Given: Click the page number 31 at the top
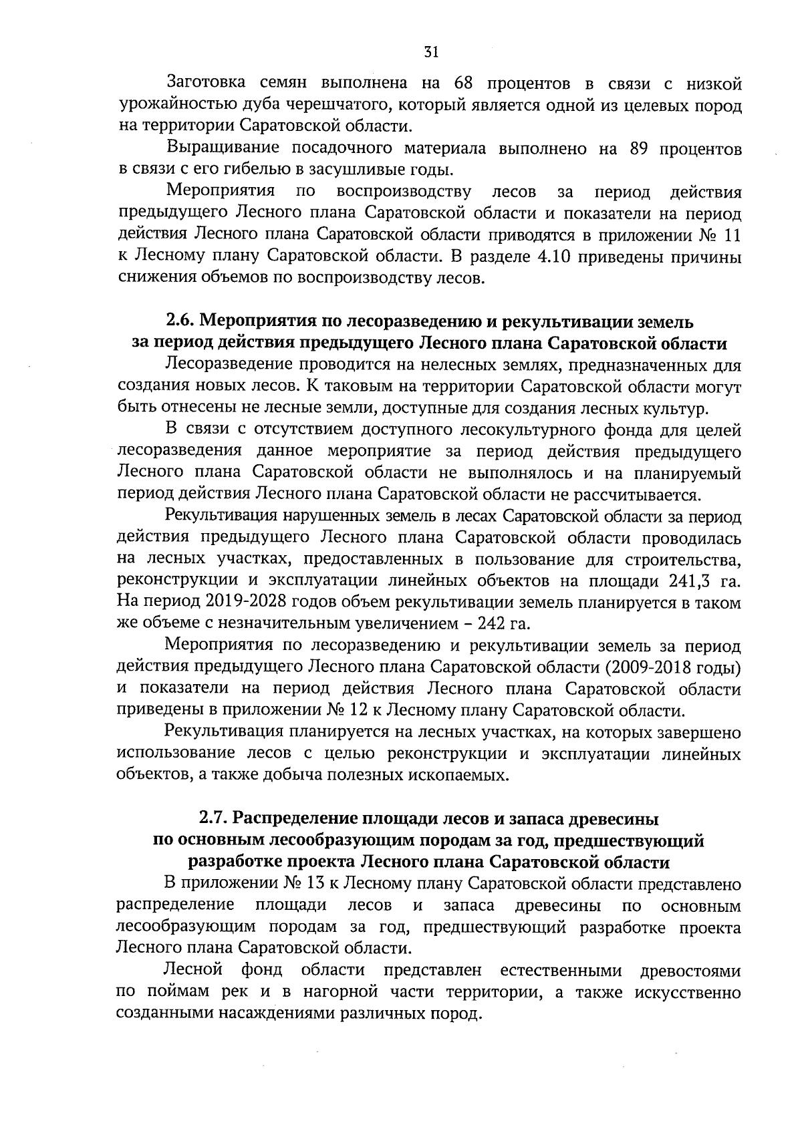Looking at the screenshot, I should point(430,52).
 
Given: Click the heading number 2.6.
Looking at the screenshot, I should point(181,322).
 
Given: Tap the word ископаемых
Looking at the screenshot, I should point(457,775).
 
